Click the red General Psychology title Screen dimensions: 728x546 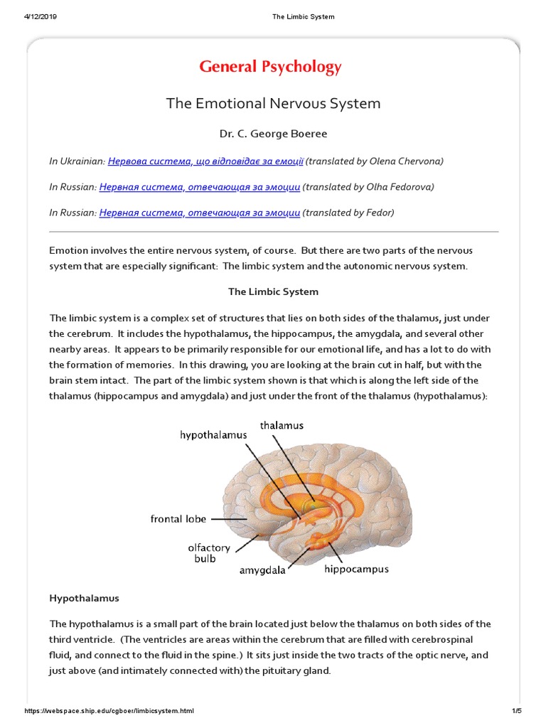pos(270,68)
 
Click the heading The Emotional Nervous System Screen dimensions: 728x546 pos(273,104)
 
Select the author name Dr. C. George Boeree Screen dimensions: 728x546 pos(273,133)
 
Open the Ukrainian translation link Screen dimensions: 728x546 pos(205,161)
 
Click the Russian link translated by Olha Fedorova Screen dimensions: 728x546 pos(200,187)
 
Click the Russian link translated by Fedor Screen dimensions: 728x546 pos(200,213)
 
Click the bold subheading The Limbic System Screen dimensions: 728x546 pos(273,291)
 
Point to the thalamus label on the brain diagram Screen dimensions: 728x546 pos(282,426)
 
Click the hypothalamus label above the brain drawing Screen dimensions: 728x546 pos(213,434)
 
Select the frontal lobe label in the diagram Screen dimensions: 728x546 pos(178,519)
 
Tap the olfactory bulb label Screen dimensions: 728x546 pos(209,553)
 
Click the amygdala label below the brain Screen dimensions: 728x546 pos(262,570)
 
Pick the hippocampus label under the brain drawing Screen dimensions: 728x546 pos(356,569)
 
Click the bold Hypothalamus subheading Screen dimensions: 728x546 pos(84,599)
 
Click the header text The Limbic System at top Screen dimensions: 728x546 pos(303,17)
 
